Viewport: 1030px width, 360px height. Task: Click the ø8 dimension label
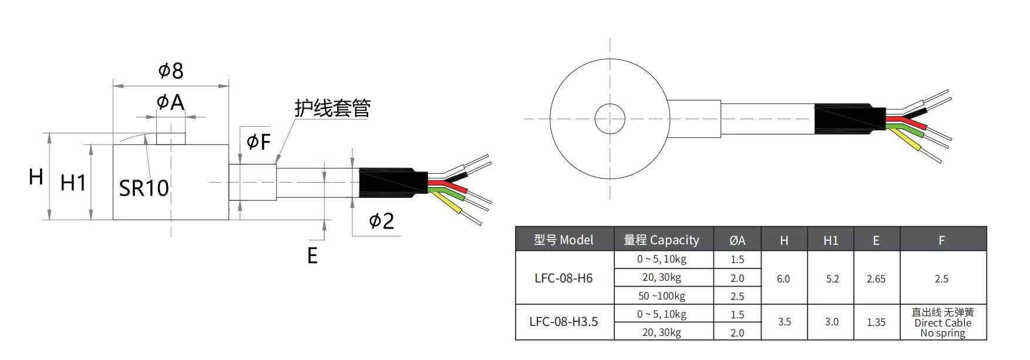click(x=171, y=71)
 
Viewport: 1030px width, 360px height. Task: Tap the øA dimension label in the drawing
click(x=170, y=103)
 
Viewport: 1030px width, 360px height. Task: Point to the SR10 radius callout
click(x=144, y=188)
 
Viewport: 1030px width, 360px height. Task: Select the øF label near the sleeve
click(x=258, y=142)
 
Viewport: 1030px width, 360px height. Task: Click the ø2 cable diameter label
click(x=381, y=221)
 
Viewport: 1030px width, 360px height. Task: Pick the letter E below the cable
click(x=312, y=255)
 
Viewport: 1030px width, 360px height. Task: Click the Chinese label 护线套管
click(x=332, y=108)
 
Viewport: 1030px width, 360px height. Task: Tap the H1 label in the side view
click(x=73, y=183)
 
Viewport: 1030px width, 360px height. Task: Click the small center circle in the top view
click(x=610, y=119)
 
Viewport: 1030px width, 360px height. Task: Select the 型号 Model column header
click(x=564, y=240)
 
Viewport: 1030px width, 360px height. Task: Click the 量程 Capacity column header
click(x=662, y=240)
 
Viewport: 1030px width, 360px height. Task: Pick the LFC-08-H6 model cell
click(x=564, y=278)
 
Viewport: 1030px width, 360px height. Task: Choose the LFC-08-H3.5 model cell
click(x=564, y=321)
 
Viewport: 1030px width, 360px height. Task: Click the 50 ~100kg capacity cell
click(x=662, y=296)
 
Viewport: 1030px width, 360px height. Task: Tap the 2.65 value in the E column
click(x=876, y=279)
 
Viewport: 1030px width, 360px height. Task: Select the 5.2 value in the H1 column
click(x=832, y=279)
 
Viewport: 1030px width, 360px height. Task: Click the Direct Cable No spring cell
click(x=943, y=322)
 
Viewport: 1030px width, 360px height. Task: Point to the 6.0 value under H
click(x=783, y=279)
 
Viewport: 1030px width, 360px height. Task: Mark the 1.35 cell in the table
click(x=876, y=322)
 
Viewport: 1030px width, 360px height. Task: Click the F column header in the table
click(x=942, y=240)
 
